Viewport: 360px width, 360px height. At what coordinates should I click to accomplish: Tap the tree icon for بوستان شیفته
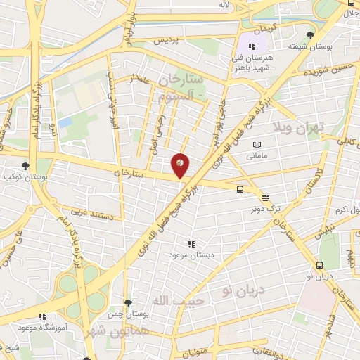(311, 35)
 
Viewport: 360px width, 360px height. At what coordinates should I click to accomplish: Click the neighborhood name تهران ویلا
(298, 128)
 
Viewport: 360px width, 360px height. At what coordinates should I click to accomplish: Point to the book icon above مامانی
(257, 144)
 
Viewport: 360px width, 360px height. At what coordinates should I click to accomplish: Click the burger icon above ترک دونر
(265, 197)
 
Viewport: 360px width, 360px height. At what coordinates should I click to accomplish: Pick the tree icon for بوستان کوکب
(25, 167)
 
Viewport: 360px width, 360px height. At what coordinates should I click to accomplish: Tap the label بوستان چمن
(127, 314)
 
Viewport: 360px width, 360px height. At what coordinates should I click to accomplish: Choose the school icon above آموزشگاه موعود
(42, 318)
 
